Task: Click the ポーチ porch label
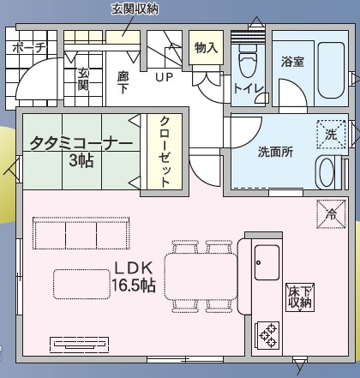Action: (x=29, y=47)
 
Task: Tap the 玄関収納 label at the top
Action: (x=135, y=9)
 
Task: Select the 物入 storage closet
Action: (x=206, y=47)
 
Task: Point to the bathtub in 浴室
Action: (x=332, y=70)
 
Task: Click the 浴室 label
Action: (x=292, y=62)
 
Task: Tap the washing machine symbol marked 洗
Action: (x=331, y=135)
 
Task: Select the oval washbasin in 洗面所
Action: (x=327, y=172)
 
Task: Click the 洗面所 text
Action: (x=275, y=152)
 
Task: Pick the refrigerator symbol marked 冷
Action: (x=331, y=214)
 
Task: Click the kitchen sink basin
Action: (x=267, y=262)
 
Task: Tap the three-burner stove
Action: (x=267, y=335)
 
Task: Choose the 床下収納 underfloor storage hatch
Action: (x=300, y=297)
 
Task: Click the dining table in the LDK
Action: (x=201, y=277)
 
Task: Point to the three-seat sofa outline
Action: (x=81, y=233)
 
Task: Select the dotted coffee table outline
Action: (x=81, y=284)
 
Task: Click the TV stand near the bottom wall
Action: (x=80, y=344)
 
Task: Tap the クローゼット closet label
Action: (x=165, y=151)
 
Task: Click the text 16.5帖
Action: (x=134, y=285)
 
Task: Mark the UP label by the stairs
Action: (x=165, y=77)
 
